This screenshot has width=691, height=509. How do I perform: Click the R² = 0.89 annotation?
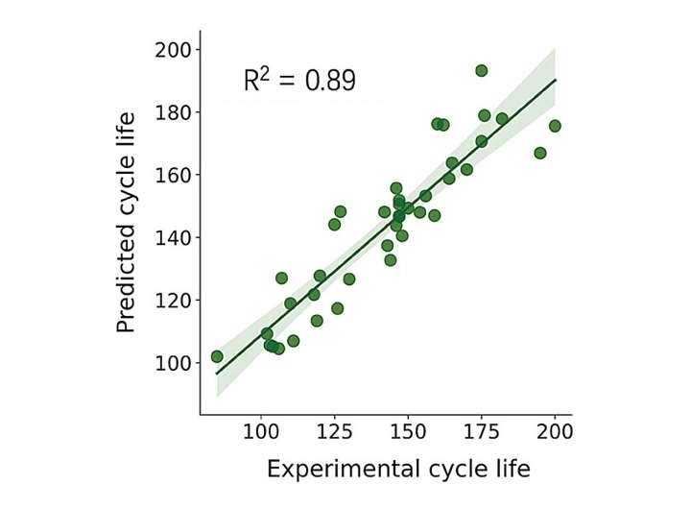click(x=299, y=81)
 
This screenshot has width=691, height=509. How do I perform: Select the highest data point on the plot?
click(x=482, y=70)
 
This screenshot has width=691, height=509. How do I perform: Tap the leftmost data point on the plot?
click(x=217, y=356)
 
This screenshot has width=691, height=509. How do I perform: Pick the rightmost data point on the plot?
click(x=555, y=126)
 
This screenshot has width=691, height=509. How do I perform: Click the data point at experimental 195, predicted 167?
click(x=540, y=153)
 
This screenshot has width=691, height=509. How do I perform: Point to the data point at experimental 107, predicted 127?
click(x=281, y=278)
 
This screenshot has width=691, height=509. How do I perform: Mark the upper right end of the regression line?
click(x=556, y=80)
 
